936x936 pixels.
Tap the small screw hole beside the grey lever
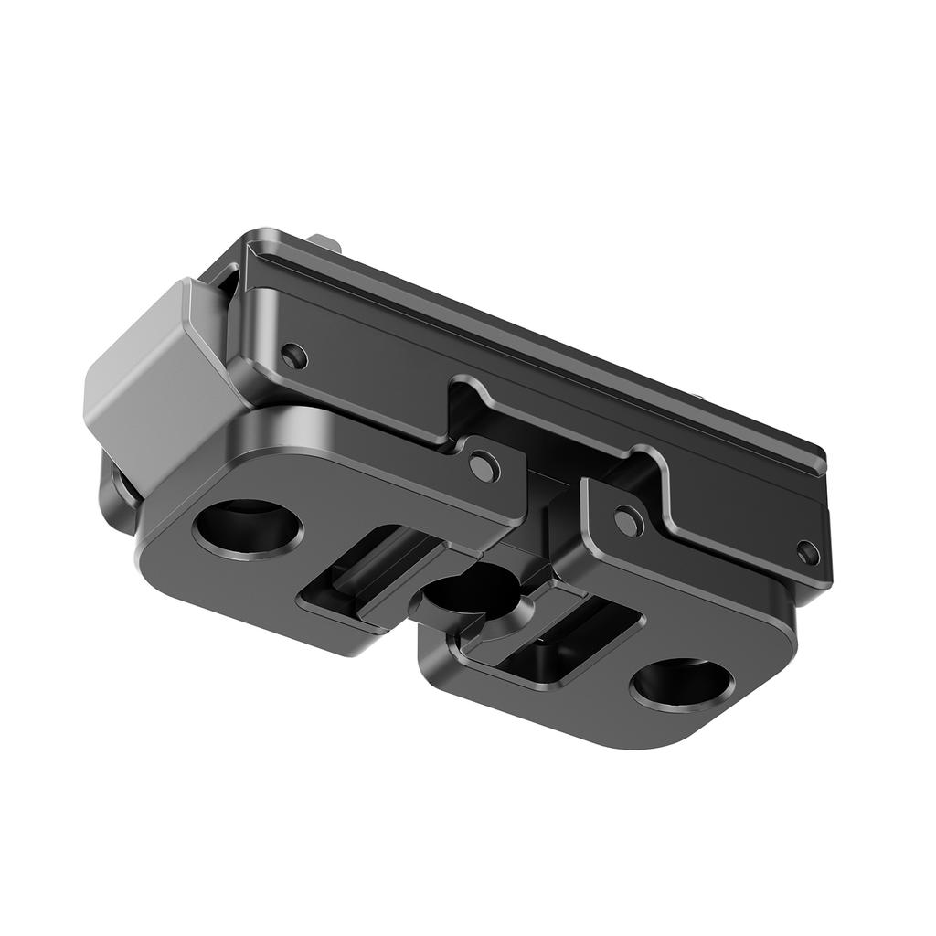point(293,356)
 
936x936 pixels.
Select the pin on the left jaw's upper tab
point(483,466)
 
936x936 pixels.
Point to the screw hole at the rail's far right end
point(807,551)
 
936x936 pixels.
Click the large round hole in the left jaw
point(248,529)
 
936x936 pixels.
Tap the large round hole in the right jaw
point(681,684)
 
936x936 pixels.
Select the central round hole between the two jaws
point(473,592)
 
